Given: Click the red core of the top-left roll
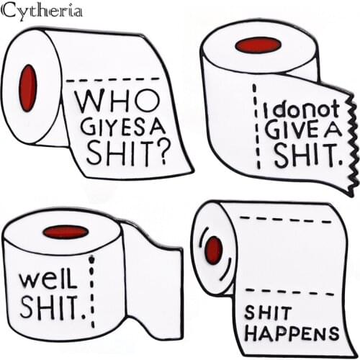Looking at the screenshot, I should click(28, 88).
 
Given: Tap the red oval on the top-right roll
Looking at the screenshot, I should click(258, 45).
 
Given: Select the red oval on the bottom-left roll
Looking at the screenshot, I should click(66, 232).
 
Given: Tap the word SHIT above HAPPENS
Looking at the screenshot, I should click(268, 313).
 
